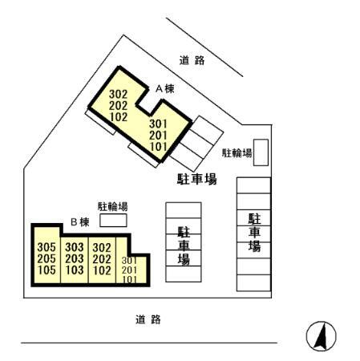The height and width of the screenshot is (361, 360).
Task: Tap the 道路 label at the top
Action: coord(192,60)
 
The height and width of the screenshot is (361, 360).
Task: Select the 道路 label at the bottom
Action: coord(148,320)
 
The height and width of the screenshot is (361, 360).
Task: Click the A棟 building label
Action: coord(164,90)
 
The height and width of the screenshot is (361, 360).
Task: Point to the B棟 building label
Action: coord(79,221)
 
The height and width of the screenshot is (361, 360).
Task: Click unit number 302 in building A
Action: coord(119,93)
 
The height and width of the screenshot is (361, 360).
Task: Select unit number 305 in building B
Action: coord(47,247)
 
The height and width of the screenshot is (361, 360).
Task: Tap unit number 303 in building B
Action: coord(75,247)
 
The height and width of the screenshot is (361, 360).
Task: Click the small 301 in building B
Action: coord(128,260)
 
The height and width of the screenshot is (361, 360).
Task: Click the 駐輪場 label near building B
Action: coord(112,205)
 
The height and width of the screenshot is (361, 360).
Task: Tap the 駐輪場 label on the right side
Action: coord(237,152)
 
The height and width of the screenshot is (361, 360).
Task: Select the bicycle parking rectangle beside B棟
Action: coord(113,219)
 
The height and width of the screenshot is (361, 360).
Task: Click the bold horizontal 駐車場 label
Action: coord(196,179)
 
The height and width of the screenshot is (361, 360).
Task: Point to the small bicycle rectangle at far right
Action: coord(261,152)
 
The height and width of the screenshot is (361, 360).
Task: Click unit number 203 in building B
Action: coord(75,258)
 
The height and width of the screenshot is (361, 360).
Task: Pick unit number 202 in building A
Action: coord(119,104)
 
